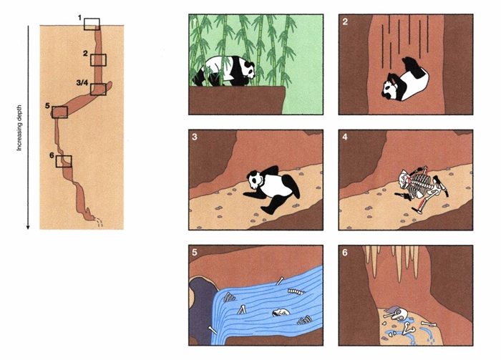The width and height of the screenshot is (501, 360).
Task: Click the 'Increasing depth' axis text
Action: pos(19,128)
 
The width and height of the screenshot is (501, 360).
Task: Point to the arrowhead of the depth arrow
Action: pos(28,227)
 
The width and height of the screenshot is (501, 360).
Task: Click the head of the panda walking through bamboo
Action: pos(247,69)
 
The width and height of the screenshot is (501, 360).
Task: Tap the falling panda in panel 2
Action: pos(405,80)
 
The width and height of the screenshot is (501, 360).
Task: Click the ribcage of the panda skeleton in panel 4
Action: pos(422,182)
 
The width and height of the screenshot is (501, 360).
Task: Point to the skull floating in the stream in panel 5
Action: pos(281,312)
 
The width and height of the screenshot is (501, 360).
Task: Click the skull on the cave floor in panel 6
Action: pos(398,315)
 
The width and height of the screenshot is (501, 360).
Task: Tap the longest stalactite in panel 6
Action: pos(399,263)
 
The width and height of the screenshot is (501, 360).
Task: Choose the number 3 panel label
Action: pos(194,137)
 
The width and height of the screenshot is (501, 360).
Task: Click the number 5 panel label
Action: pos(194,253)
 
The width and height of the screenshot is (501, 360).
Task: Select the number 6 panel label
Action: pos(344,253)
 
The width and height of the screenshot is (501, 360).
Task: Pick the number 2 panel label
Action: pos(344,22)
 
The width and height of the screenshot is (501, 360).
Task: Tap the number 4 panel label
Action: pos(344,137)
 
